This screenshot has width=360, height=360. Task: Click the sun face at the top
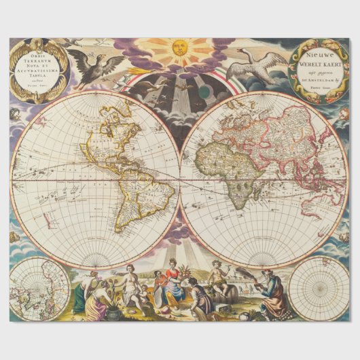click(x=180, y=48)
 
